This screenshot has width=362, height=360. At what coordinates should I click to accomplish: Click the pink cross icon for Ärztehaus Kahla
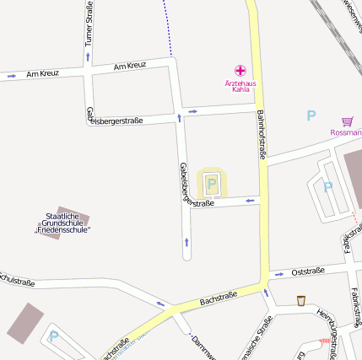(x=240, y=71)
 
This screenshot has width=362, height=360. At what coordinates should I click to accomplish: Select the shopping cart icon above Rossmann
(x=347, y=121)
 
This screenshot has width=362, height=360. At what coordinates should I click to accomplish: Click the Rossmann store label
(x=346, y=132)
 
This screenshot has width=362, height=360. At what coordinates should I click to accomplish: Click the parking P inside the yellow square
(x=212, y=183)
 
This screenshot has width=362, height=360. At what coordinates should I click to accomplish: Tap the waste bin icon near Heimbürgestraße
(x=301, y=300)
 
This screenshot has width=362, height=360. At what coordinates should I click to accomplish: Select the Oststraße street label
(x=307, y=271)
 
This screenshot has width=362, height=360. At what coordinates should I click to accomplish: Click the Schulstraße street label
(x=17, y=278)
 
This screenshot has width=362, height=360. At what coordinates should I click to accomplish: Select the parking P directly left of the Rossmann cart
(x=311, y=116)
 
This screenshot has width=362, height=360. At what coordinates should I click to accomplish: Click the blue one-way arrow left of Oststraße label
(x=278, y=274)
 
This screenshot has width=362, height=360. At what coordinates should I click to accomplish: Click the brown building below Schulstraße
(x=24, y=323)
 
